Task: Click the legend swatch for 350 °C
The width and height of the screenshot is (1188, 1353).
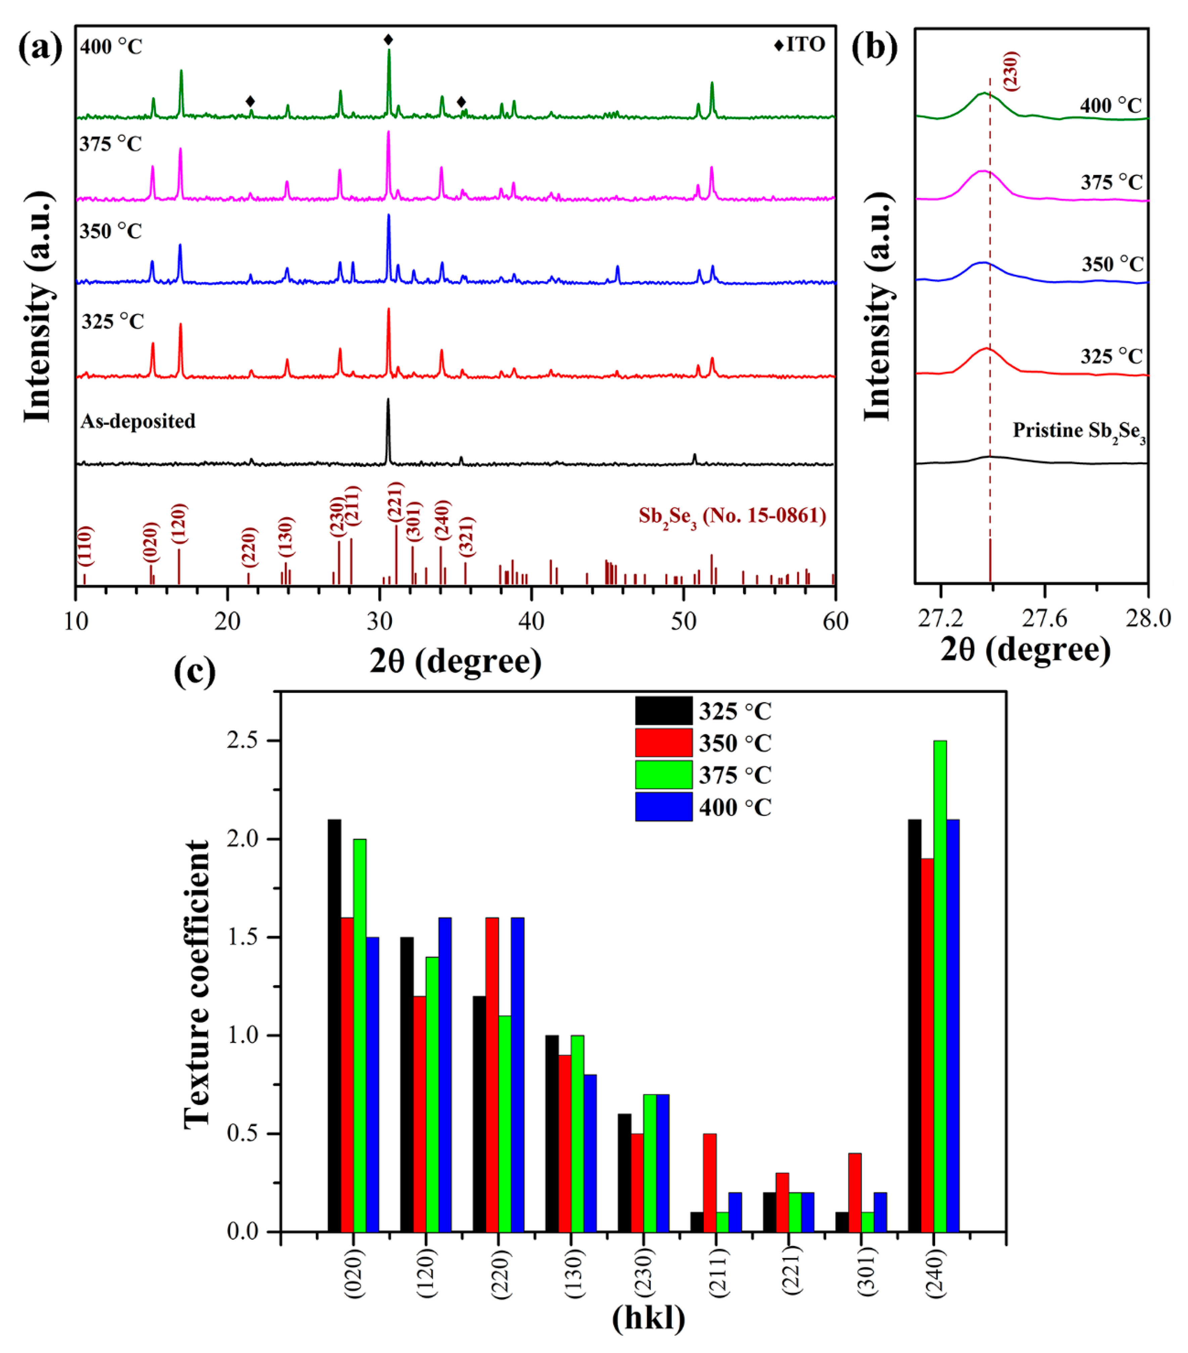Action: point(663,743)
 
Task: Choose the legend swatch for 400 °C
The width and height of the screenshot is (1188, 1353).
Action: point(663,807)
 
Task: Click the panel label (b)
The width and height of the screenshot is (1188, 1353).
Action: point(874,46)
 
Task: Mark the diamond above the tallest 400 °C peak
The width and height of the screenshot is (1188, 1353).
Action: point(388,40)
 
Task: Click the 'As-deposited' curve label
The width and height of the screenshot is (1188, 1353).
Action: point(138,421)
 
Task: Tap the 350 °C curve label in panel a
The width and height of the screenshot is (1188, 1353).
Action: point(110,231)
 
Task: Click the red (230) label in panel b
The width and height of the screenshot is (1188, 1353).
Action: point(1011,71)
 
